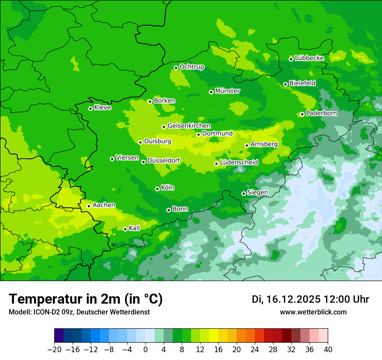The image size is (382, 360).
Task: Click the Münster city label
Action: click(227, 91)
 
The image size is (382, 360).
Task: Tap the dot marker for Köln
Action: click(157, 189)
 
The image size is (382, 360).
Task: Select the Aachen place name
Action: click(104, 205)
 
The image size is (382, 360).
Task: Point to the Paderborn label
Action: click(321, 113)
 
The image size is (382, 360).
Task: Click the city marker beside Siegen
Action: click(244, 193)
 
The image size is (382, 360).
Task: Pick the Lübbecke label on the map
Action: click(309, 58)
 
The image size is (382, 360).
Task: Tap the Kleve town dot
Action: click(90, 108)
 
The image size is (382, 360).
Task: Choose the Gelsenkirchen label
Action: click(189, 126)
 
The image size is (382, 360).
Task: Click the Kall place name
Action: click(135, 228)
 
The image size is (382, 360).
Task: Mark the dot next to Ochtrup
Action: click(176, 68)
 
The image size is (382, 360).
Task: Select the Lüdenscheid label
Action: click(239, 163)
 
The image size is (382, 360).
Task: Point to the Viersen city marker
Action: click(112, 159)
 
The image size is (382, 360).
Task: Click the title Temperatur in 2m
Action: click(86, 299)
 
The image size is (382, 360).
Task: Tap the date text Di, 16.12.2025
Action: click(286, 299)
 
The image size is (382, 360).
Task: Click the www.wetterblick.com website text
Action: click(313, 312)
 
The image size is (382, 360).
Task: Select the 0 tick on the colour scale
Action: click(145, 349)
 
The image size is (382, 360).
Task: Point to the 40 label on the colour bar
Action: click(328, 349)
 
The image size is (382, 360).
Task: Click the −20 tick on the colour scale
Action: click(54, 349)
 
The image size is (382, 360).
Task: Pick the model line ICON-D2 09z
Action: click(79, 312)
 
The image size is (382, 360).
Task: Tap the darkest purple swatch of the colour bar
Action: click(59, 336)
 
